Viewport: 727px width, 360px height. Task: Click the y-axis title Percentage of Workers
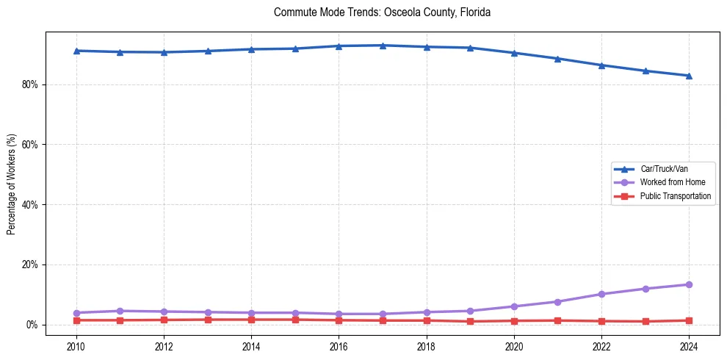11,184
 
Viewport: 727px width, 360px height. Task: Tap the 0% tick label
32,325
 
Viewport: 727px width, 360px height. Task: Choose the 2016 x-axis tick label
339,345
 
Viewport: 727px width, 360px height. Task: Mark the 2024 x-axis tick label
689,345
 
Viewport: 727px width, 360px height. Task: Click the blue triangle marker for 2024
689,76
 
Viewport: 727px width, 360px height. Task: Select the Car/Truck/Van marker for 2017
383,46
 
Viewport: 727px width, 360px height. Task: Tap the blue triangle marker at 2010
76,51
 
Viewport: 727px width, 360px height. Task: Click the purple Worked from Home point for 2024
689,284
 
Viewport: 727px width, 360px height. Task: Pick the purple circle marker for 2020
514,306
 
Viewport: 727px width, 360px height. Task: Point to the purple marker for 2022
601,294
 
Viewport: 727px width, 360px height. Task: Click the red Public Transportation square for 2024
689,320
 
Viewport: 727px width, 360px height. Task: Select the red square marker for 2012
164,320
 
